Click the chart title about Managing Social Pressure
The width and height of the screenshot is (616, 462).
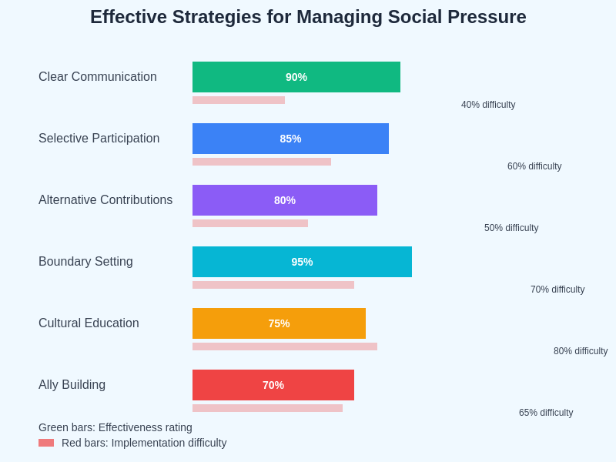point(308,17)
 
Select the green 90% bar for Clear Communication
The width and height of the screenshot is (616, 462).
point(296,77)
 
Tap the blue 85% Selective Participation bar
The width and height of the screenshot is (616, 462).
point(290,139)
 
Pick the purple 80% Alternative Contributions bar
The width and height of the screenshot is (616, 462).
point(285,200)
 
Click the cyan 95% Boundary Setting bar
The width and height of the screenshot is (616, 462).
point(302,262)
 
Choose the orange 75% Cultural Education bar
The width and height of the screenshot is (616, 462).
point(279,323)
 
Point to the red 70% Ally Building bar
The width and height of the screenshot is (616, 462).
point(273,385)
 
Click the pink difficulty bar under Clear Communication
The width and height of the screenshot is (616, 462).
point(239,100)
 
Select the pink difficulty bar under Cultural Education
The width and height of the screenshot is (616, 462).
point(285,346)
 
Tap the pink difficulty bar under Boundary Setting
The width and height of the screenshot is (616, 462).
point(273,285)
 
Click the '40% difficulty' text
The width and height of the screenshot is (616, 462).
point(488,105)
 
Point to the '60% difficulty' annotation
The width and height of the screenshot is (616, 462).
point(534,166)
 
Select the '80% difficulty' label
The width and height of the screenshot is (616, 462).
point(581,351)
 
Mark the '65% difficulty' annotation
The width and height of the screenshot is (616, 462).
point(546,413)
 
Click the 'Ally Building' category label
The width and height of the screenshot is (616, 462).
point(72,385)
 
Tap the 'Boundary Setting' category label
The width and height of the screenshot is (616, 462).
point(85,262)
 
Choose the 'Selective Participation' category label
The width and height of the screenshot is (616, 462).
point(99,139)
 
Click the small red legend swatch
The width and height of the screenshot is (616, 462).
point(46,443)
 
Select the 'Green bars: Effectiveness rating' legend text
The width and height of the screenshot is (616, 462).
point(115,427)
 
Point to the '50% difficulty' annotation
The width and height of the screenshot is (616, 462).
point(511,228)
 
